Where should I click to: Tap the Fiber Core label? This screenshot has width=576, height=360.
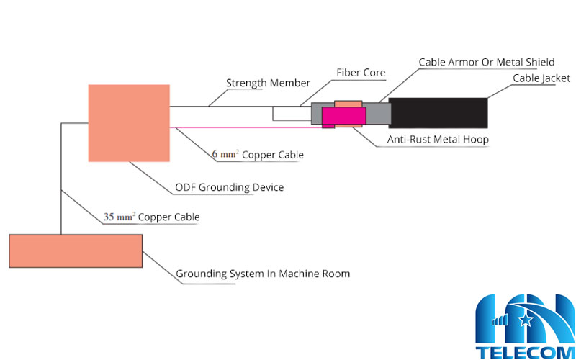tap(361, 73)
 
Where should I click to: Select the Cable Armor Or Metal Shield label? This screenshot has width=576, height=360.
tap(487, 63)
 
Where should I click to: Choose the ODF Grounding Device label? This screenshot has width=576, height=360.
tap(230, 187)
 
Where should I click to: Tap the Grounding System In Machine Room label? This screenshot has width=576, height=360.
tap(263, 274)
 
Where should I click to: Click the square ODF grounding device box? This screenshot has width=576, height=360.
tap(129, 122)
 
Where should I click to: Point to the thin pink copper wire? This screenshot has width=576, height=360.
tap(245, 127)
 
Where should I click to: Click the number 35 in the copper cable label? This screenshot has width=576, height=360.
tap(109, 217)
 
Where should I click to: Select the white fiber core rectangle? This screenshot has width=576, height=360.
tap(291, 113)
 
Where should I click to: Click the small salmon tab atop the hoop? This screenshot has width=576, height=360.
tap(348, 104)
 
